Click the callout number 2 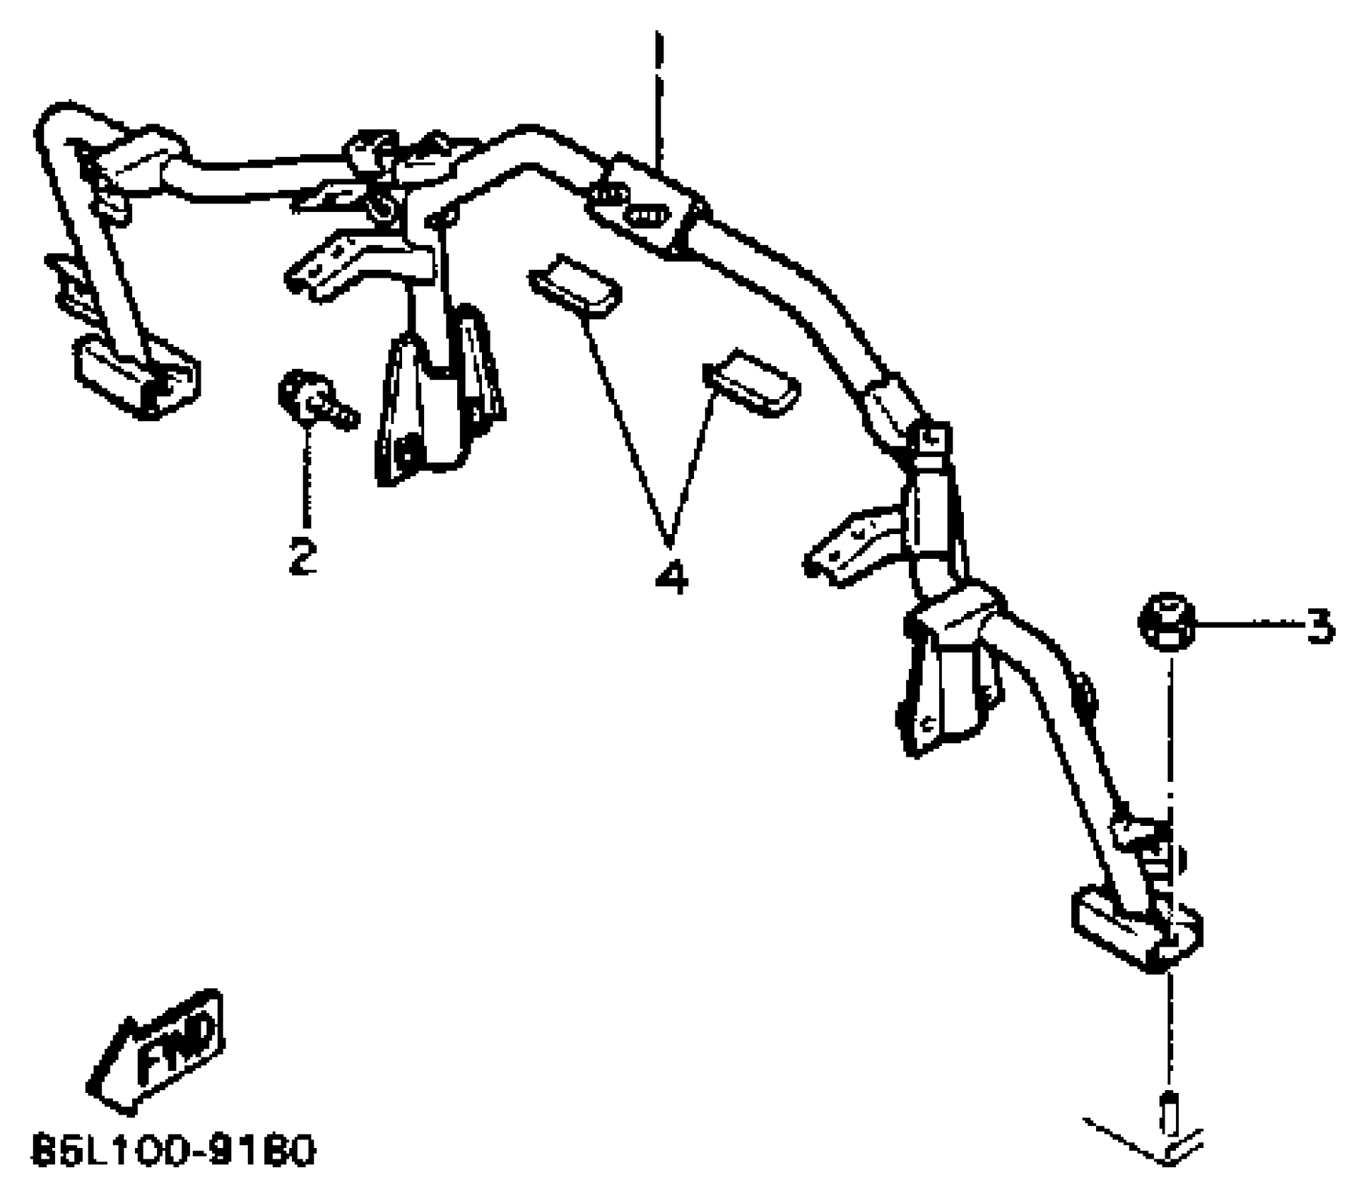[x=302, y=556]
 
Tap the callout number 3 [x=1319, y=627]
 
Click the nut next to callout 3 [x=1165, y=622]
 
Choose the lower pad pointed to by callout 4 [x=751, y=386]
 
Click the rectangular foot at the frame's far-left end [x=136, y=377]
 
